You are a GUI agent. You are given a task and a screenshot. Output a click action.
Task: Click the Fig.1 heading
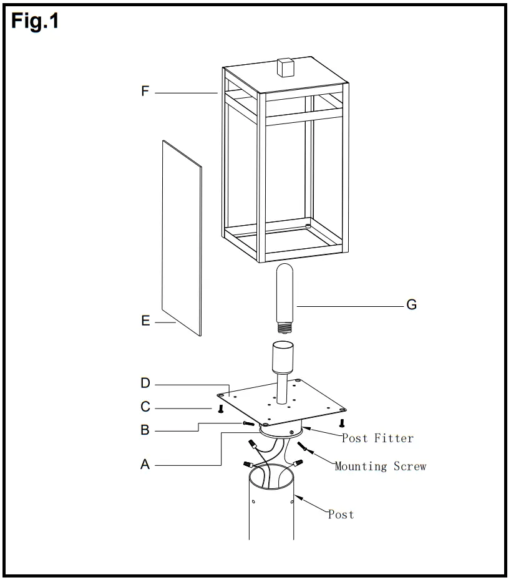coord(36,21)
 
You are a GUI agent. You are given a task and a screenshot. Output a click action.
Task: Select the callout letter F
coord(145,92)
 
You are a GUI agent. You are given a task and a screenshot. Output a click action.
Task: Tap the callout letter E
coord(145,321)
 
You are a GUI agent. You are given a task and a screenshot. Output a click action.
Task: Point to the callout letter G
coord(411,305)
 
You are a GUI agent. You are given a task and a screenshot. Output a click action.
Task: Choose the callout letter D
coord(145,383)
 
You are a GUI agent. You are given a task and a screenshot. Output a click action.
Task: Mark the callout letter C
coord(145,407)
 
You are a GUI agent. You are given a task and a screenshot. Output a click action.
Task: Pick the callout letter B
coord(145,430)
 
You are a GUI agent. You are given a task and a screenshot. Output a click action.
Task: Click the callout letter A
coord(145,464)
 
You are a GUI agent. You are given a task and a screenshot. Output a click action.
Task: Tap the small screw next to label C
coord(220,409)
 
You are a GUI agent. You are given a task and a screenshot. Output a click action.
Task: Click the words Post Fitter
coord(377,438)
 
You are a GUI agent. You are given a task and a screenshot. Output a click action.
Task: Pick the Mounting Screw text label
coord(381,466)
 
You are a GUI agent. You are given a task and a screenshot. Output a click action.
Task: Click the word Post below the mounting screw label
coord(341,515)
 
